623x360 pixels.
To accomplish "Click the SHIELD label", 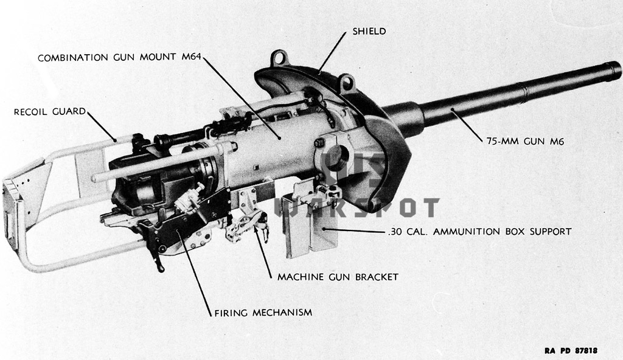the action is click(369, 31).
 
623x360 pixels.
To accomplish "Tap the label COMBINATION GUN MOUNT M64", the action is click(119, 58).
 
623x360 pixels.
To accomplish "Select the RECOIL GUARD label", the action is click(50, 111).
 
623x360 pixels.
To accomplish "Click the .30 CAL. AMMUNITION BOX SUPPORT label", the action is click(478, 232).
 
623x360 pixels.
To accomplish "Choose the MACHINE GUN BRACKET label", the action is click(338, 277).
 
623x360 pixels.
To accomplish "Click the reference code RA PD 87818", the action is click(570, 351).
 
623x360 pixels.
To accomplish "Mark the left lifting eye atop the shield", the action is click(278, 59).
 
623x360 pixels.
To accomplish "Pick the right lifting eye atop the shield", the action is click(346, 80).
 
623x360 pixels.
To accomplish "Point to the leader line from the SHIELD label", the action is click(333, 54).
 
